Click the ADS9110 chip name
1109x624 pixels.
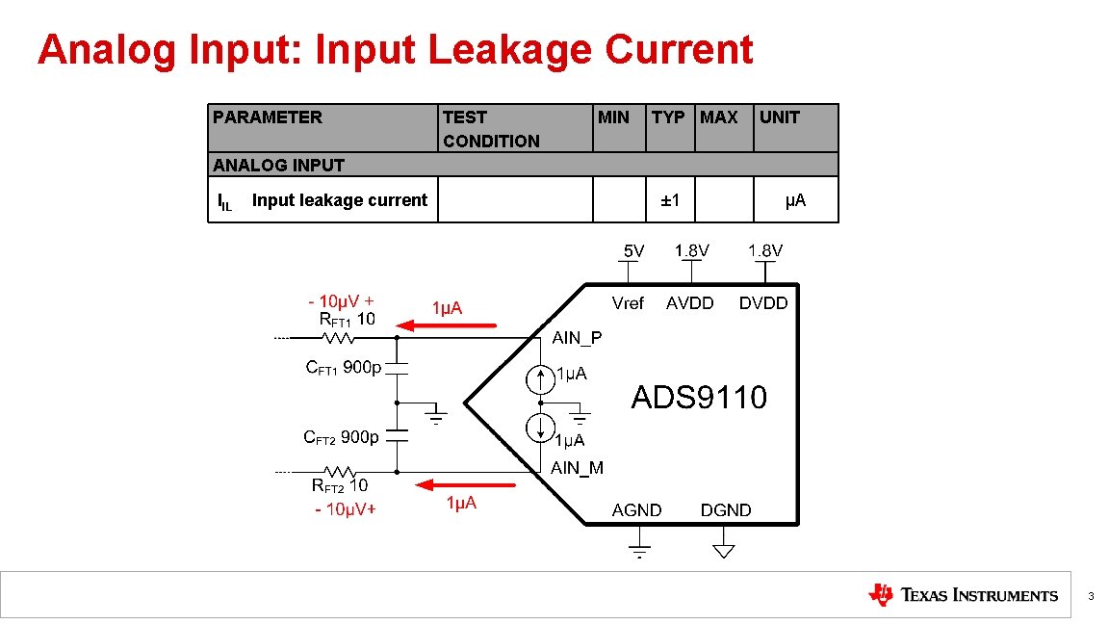click(x=699, y=397)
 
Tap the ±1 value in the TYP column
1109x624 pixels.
click(x=670, y=200)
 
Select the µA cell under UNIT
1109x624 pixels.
click(x=795, y=200)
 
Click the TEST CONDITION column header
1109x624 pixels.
click(x=491, y=129)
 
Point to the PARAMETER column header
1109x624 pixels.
click(x=268, y=117)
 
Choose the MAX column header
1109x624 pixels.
click(x=719, y=117)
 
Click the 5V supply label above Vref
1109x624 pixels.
click(x=632, y=251)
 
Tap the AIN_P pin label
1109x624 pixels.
click(x=577, y=339)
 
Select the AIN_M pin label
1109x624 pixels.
click(x=577, y=468)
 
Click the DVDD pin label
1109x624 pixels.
click(x=763, y=303)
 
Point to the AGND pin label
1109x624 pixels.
click(x=637, y=510)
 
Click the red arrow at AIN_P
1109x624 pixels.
click(x=447, y=325)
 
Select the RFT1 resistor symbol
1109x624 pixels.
click(x=338, y=338)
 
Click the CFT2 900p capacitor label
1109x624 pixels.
click(x=342, y=437)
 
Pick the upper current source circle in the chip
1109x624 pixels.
click(x=541, y=378)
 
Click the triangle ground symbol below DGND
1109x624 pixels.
click(x=724, y=550)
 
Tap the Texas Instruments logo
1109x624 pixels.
click(x=963, y=595)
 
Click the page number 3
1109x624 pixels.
click(x=1091, y=597)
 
